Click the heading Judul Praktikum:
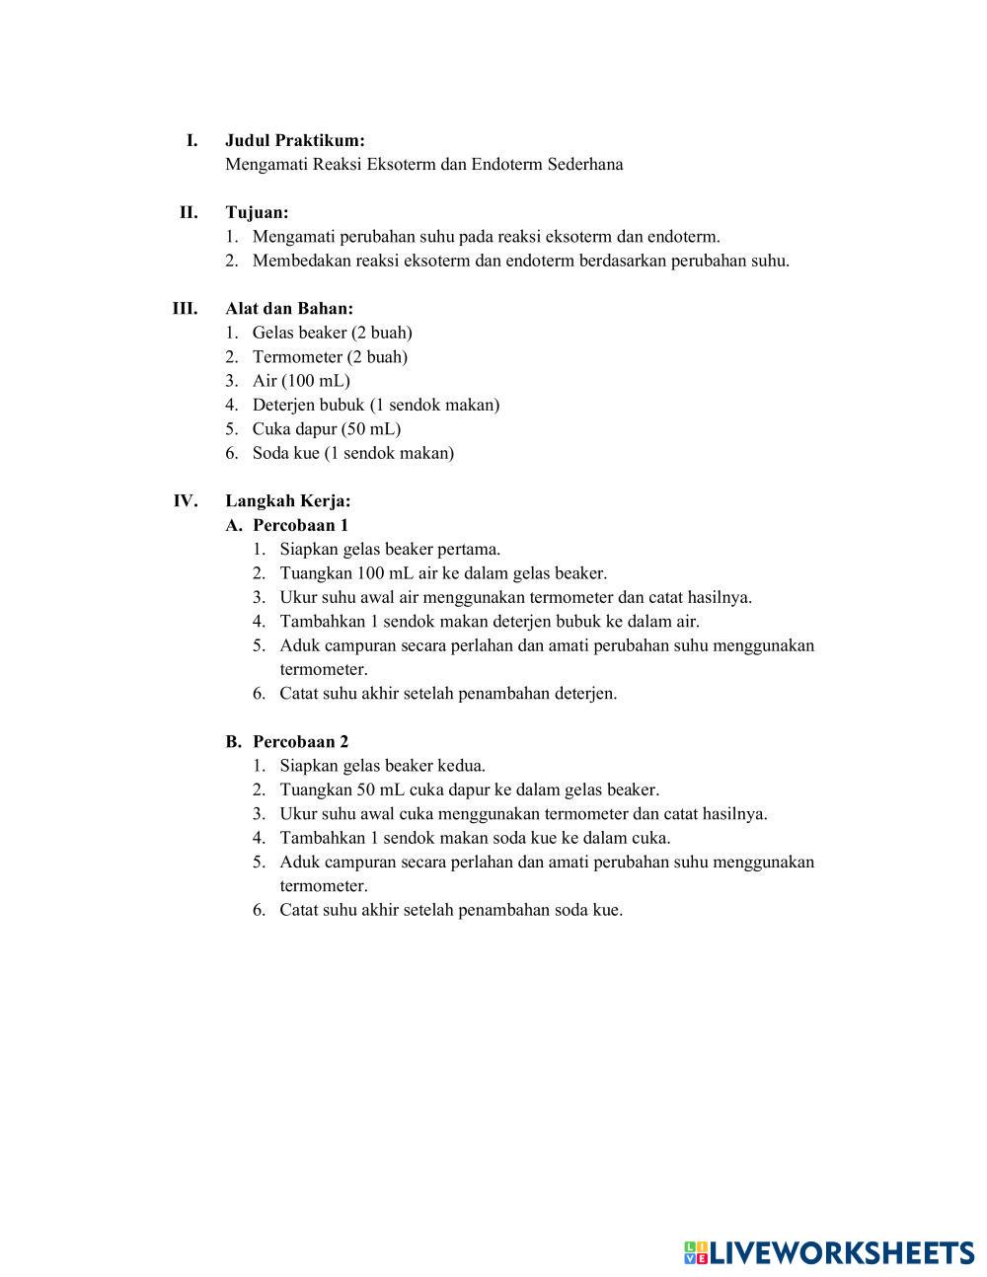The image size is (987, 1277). pyautogui.click(x=294, y=140)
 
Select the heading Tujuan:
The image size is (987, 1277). pyautogui.click(x=257, y=212)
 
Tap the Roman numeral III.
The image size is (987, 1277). pyautogui.click(x=185, y=308)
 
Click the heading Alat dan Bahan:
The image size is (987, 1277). pyautogui.click(x=288, y=308)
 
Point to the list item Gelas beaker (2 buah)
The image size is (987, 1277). pyautogui.click(x=332, y=333)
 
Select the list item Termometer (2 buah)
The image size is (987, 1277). pyautogui.click(x=330, y=356)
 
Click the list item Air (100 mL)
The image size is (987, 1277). pyautogui.click(x=301, y=380)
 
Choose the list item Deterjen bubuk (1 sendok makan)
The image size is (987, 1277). pyautogui.click(x=375, y=405)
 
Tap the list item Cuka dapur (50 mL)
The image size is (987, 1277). pyautogui.click(x=326, y=428)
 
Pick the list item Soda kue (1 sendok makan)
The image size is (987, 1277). pyautogui.click(x=352, y=453)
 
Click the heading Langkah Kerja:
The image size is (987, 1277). pyautogui.click(x=287, y=500)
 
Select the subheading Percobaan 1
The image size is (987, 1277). pyautogui.click(x=300, y=525)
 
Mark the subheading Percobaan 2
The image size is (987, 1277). pyautogui.click(x=300, y=741)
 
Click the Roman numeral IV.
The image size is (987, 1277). pyautogui.click(x=186, y=500)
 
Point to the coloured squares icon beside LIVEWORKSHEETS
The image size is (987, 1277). pyautogui.click(x=696, y=1253)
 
